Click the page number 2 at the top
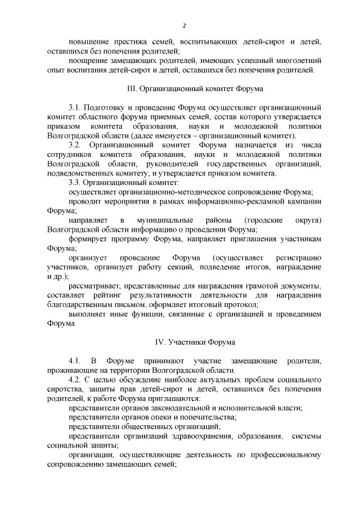coord(184,25)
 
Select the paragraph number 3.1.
coord(75,107)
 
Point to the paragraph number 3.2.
coord(75,145)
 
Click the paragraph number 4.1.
coord(75,361)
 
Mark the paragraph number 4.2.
coord(75,380)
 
